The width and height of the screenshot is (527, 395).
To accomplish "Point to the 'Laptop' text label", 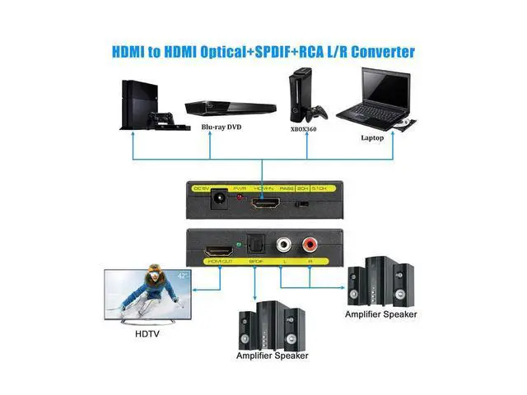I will pyautogui.click(x=372, y=137).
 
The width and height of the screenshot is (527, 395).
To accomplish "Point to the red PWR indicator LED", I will pyautogui.click(x=240, y=199).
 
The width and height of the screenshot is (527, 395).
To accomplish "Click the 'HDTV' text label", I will pyautogui.click(x=147, y=332).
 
